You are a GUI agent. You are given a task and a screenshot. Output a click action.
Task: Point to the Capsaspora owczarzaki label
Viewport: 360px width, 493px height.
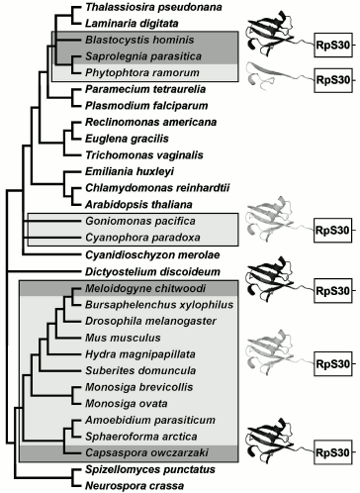coord(124,452)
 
